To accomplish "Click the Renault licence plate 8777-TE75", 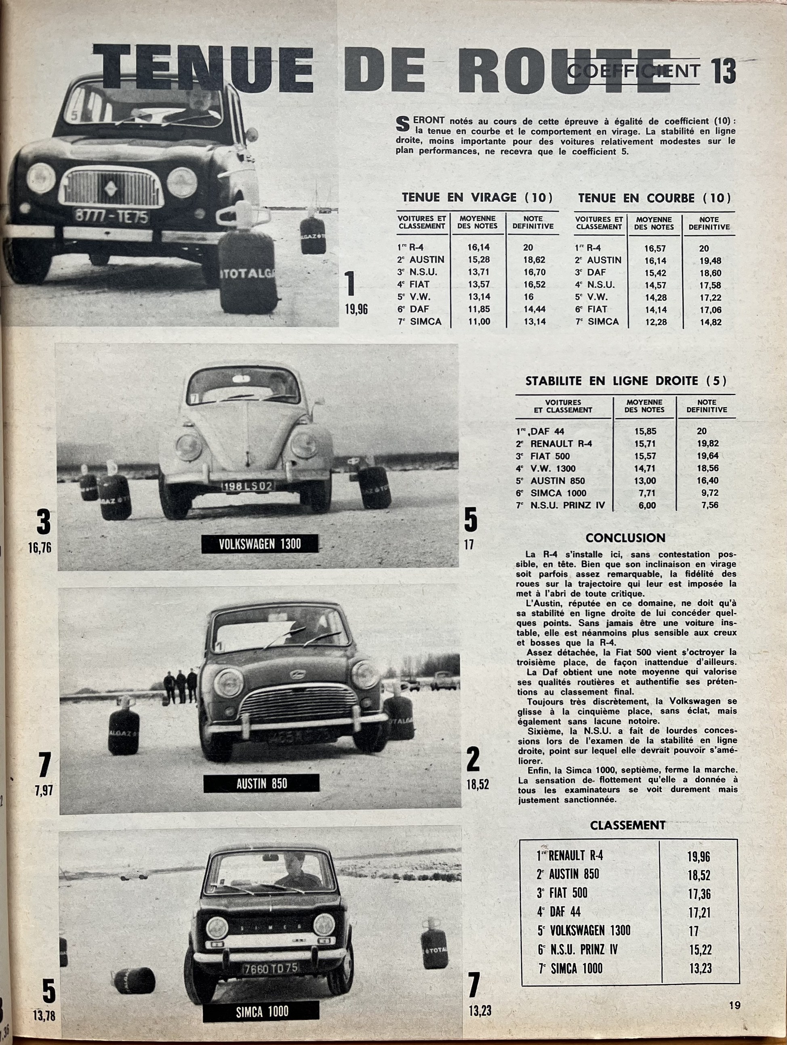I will point(112,217).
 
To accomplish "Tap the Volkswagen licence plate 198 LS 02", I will point(248,486).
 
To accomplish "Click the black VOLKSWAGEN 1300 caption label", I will point(260,544).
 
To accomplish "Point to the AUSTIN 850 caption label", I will point(261,784).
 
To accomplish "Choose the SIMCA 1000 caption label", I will point(261,1011).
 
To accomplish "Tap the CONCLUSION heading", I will point(625,537).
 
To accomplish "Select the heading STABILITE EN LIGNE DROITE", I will point(625,380).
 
